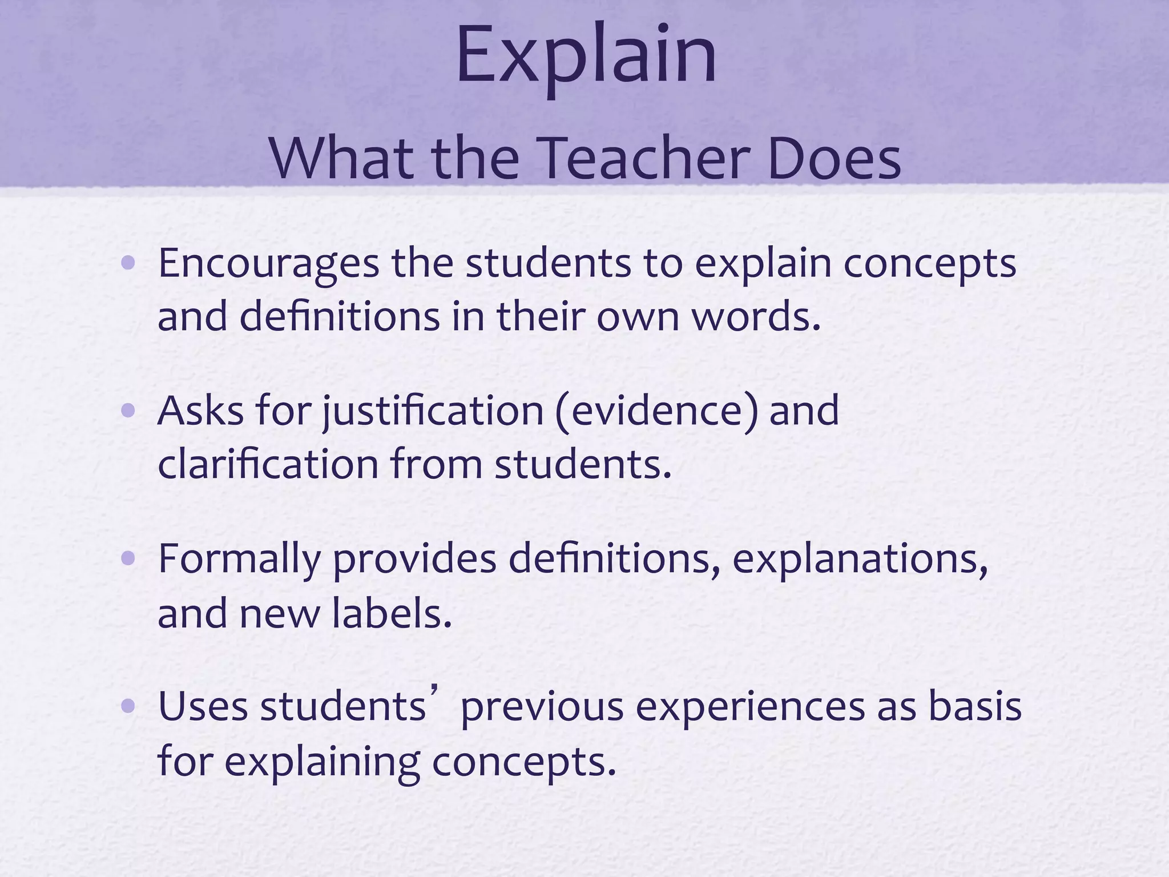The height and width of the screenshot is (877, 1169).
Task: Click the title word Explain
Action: (586, 57)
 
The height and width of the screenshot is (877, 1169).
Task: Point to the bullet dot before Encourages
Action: (128, 263)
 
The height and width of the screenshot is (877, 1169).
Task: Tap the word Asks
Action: (200, 411)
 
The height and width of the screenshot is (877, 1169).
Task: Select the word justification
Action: (433, 412)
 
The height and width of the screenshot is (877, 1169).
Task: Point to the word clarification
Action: (268, 464)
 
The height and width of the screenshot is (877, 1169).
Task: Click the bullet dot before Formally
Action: (128, 559)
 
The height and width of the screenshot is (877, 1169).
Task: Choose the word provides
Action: (414, 560)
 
